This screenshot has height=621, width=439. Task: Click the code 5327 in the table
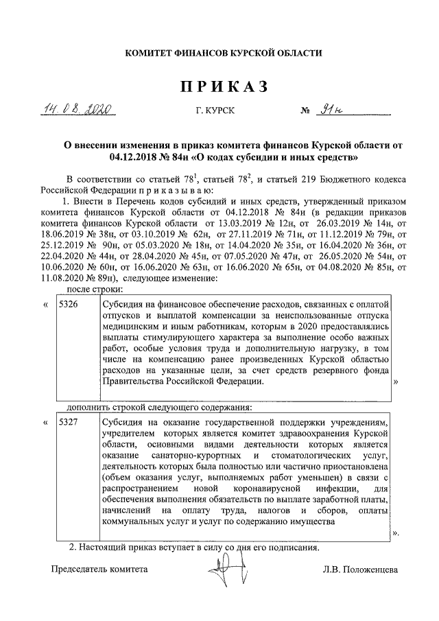point(70,422)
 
